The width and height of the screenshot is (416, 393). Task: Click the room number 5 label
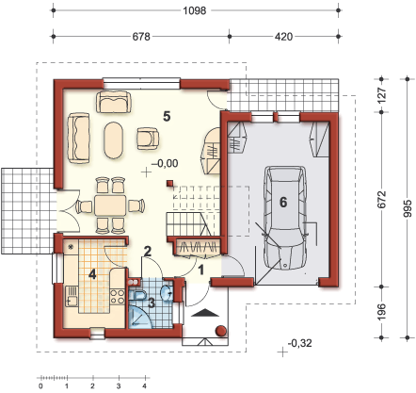coord(166,116)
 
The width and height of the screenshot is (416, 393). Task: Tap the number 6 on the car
coord(281,201)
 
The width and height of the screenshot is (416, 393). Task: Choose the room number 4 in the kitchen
coord(92,274)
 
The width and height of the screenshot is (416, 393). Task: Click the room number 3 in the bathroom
coord(151,303)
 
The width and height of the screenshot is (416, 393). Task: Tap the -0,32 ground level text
coord(300,343)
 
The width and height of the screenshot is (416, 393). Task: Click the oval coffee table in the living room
coord(112,139)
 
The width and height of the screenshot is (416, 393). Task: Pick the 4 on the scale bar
coord(144,385)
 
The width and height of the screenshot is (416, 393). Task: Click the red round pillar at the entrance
coord(220,331)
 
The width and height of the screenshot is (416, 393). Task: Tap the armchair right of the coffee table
coord(148,138)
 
